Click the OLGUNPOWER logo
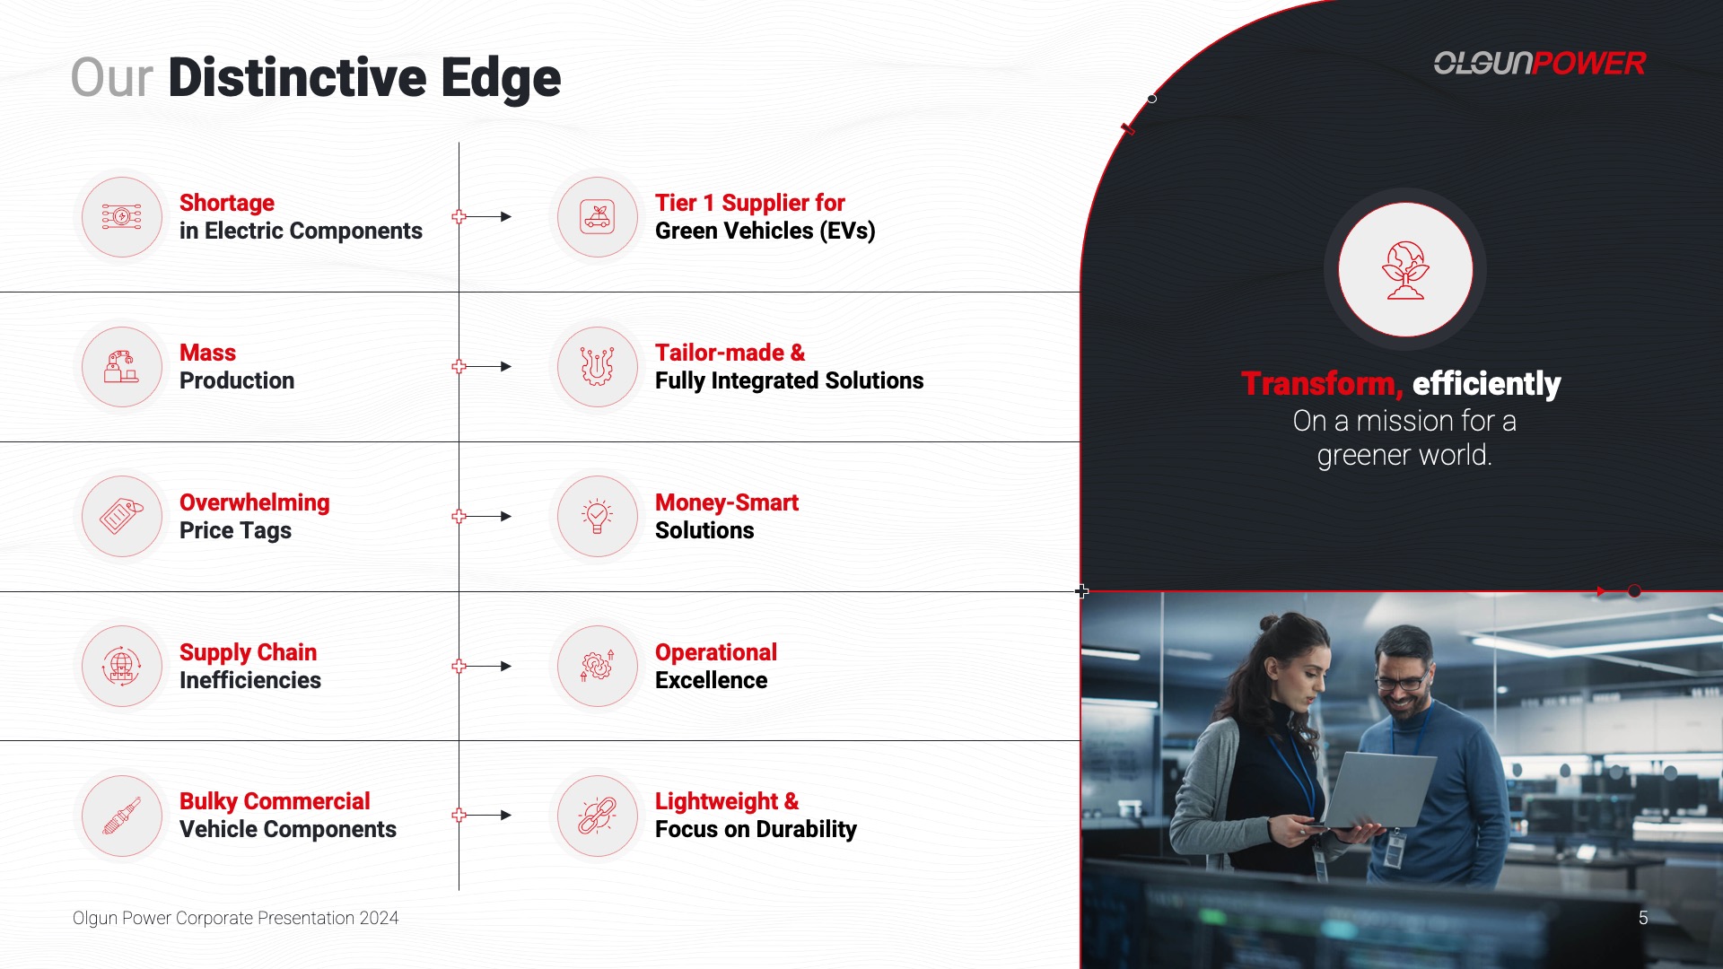[x=1539, y=63]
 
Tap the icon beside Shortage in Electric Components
[x=122, y=217]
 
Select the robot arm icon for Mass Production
[x=121, y=366]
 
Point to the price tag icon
[x=122, y=516]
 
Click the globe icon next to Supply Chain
[x=121, y=666]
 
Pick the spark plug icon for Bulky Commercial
[x=122, y=816]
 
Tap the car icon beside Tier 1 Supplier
[x=598, y=217]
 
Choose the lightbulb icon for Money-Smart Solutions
[x=598, y=516]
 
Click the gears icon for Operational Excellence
[x=598, y=666]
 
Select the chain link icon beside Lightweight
[x=598, y=816]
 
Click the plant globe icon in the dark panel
[x=1405, y=270]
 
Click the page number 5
[x=1643, y=918]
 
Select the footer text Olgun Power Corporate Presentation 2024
[x=235, y=918]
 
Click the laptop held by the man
[x=1378, y=790]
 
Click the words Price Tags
[x=235, y=530]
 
